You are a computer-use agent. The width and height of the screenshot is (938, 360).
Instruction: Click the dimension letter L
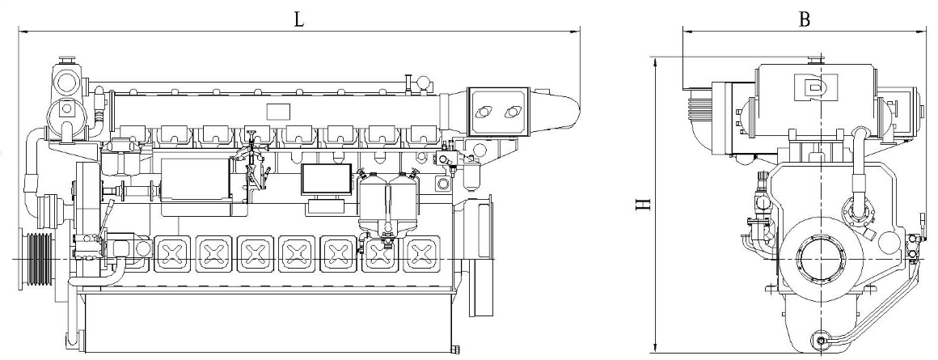[298, 19]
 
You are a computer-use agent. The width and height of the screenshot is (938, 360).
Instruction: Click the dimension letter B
[805, 19]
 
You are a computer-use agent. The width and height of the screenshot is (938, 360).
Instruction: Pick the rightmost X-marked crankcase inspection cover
[422, 253]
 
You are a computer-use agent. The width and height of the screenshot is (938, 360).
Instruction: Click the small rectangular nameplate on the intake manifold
[277, 111]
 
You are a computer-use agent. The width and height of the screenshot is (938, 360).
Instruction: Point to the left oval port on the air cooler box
[483, 112]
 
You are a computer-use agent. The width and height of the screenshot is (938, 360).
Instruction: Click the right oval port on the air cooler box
[512, 112]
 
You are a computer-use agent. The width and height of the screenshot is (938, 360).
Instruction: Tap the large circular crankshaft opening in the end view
[821, 259]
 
